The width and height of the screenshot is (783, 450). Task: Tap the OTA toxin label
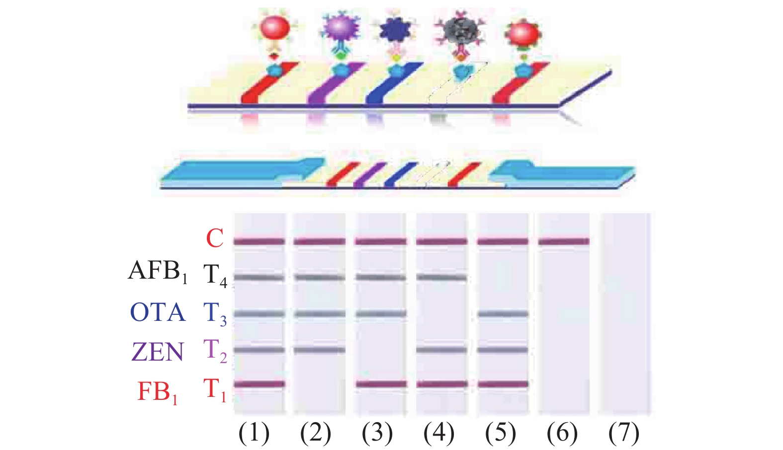point(158,313)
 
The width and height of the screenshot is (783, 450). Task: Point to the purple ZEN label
point(158,352)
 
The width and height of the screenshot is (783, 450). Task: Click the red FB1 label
point(158,392)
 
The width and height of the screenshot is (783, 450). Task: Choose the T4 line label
point(215,275)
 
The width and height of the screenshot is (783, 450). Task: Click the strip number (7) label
point(623,433)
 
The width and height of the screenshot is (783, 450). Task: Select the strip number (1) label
point(254,433)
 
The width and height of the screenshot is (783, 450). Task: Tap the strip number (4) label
point(439,433)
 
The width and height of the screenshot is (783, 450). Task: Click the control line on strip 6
point(564,242)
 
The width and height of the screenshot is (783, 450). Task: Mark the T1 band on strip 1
point(259,384)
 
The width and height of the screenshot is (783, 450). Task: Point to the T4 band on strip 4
point(441,277)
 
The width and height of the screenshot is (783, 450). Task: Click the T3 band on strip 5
point(503,314)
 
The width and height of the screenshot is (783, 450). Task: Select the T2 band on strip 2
point(320,350)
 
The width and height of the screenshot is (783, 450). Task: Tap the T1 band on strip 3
point(381,384)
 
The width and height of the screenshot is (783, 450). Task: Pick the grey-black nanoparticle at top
point(462,33)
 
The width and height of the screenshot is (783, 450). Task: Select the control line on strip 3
point(380,242)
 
